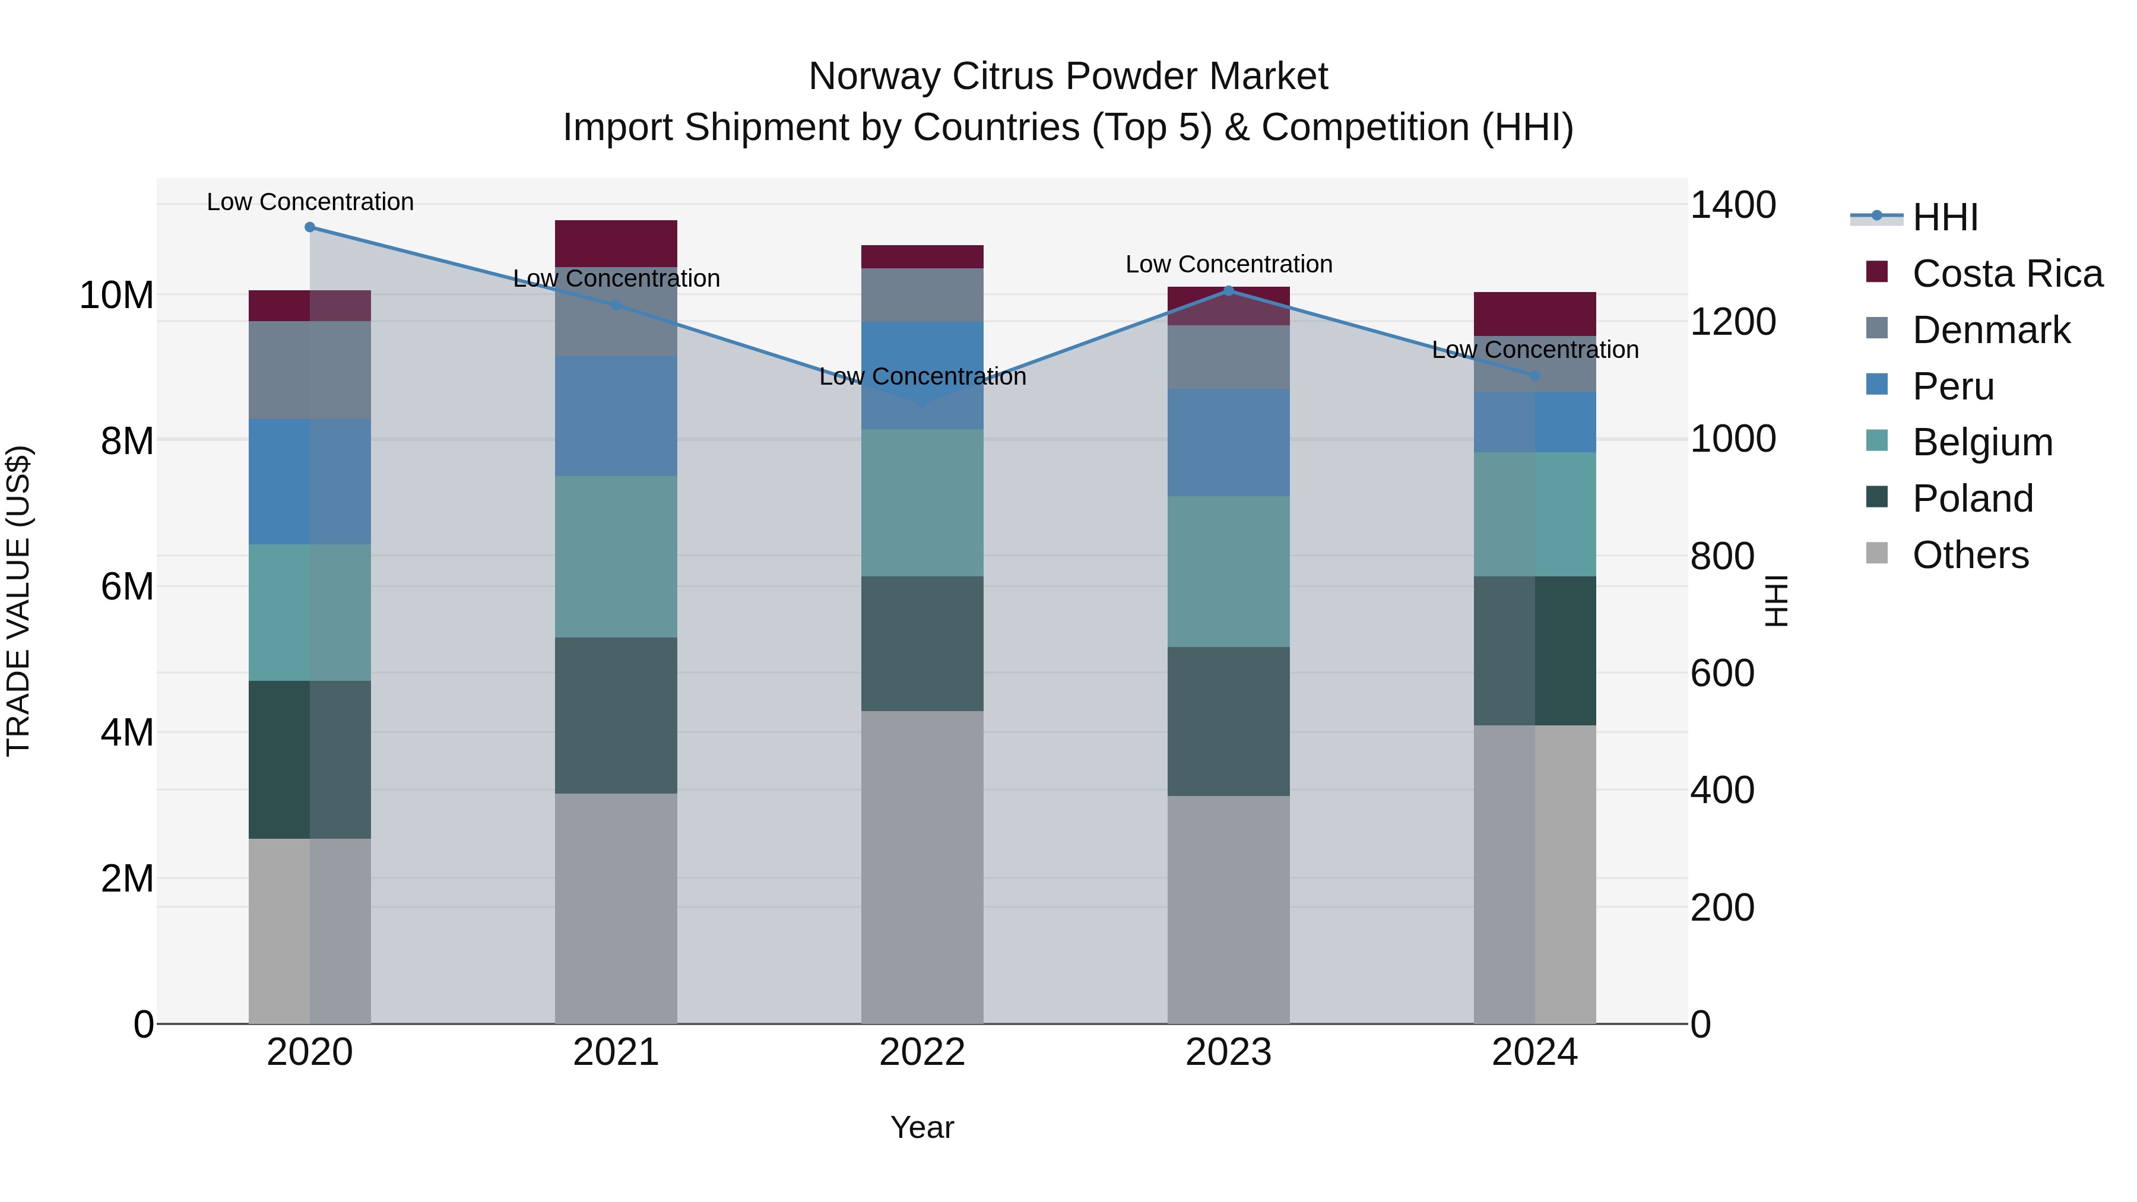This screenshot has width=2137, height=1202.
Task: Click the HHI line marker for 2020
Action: (309, 227)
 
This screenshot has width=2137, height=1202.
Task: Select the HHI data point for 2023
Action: (1229, 290)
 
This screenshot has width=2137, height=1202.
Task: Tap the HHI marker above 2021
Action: (616, 305)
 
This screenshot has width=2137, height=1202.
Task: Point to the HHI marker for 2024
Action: (1534, 376)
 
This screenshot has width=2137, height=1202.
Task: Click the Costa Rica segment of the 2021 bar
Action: (616, 243)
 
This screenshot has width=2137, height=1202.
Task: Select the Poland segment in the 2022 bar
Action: (922, 643)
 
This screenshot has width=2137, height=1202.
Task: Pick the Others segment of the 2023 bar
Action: (1229, 909)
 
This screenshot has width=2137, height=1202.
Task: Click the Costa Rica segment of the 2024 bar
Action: (1534, 313)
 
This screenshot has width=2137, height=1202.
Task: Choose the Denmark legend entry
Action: (1991, 330)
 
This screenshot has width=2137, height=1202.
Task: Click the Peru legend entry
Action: (1953, 386)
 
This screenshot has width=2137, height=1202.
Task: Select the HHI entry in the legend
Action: (1945, 217)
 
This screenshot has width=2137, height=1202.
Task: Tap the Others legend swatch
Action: (1876, 553)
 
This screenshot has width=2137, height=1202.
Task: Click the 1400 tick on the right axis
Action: (1732, 205)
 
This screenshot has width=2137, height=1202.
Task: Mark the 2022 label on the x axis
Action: (922, 1052)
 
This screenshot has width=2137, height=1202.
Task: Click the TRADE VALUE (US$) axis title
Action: (18, 601)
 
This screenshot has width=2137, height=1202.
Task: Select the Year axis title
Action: (922, 1127)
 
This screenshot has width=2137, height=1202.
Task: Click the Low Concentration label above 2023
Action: (1229, 265)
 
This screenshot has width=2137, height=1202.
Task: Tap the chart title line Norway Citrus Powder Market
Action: (1068, 77)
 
